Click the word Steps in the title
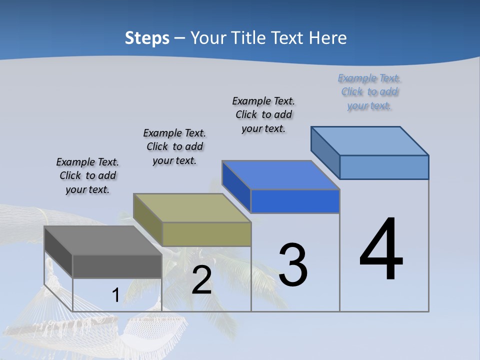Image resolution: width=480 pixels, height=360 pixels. pos(147,38)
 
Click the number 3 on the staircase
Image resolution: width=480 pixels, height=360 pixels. pos(293,265)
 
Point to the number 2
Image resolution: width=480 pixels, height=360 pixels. pos(201,280)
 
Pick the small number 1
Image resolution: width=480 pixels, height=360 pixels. pos(115,295)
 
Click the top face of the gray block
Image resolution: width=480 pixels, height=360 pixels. pos(102,240)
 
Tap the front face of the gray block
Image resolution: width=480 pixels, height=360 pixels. pos(117,266)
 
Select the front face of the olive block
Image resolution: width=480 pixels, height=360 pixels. pos(206,234)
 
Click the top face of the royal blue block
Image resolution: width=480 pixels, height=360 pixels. pos(280,175)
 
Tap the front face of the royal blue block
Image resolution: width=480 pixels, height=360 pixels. pos(295,201)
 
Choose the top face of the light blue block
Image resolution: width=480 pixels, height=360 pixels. pos(369,140)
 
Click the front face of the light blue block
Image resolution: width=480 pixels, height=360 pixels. pos(384,167)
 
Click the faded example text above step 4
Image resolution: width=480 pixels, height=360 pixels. pos(369,92)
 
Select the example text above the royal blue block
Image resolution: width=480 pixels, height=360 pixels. pos(263,114)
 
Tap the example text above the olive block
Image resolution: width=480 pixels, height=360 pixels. pos(174,146)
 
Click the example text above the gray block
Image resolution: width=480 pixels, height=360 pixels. pos(87,175)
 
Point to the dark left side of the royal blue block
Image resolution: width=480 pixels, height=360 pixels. pos(236,186)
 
